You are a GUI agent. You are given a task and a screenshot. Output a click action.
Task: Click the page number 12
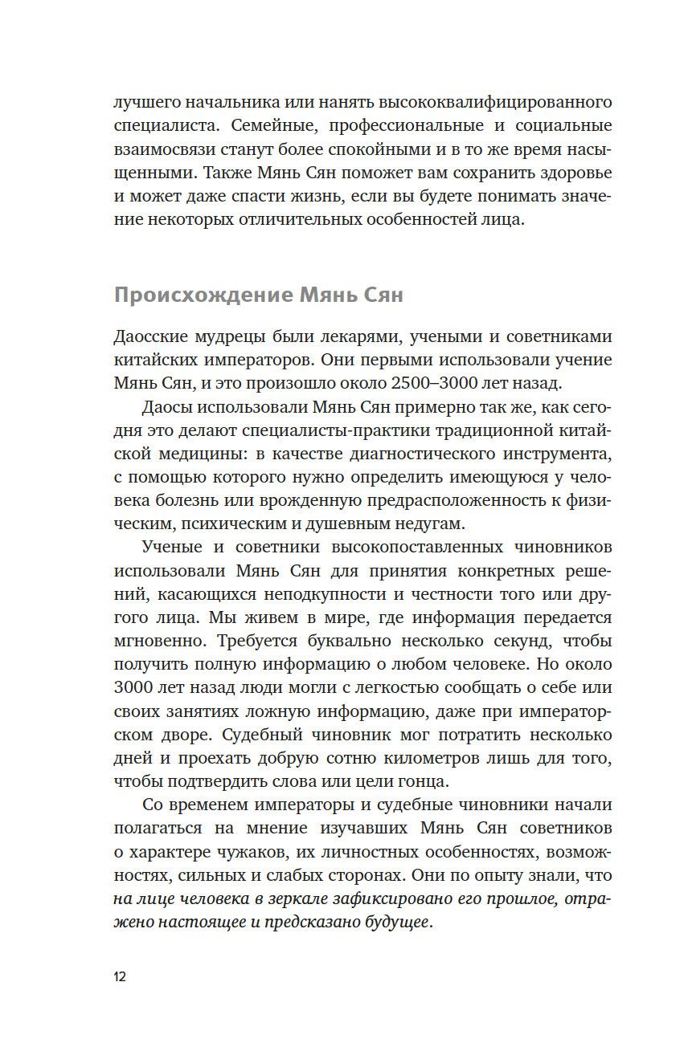[x=120, y=976]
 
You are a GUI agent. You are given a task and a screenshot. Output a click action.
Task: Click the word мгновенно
[x=157, y=641]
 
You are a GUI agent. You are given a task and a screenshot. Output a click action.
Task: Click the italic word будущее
[x=396, y=922]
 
